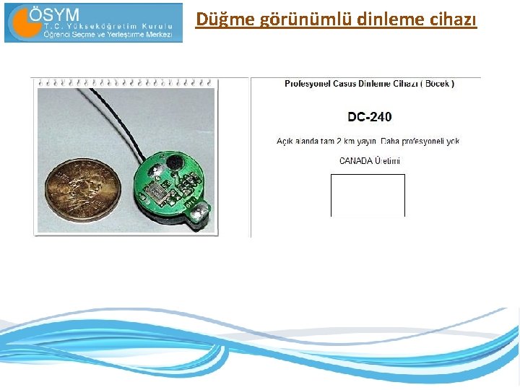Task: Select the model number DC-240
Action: click(370, 117)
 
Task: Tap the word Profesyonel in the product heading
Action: click(308, 84)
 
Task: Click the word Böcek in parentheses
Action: click(435, 84)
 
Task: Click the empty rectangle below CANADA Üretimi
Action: click(368, 195)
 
